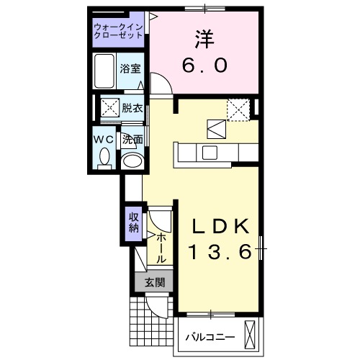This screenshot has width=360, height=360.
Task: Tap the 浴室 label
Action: point(130,69)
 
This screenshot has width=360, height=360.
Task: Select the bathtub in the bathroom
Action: point(106,70)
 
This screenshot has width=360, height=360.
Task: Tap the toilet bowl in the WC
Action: point(104,156)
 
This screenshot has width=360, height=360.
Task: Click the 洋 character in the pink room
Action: point(204,38)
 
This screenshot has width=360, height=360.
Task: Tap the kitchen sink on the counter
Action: point(210,152)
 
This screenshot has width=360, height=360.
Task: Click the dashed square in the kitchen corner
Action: point(238,109)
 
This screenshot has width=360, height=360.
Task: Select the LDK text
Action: point(220,227)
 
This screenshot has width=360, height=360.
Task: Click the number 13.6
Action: point(220,252)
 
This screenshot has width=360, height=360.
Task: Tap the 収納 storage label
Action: point(133,222)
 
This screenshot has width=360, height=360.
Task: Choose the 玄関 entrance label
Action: point(153,282)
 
